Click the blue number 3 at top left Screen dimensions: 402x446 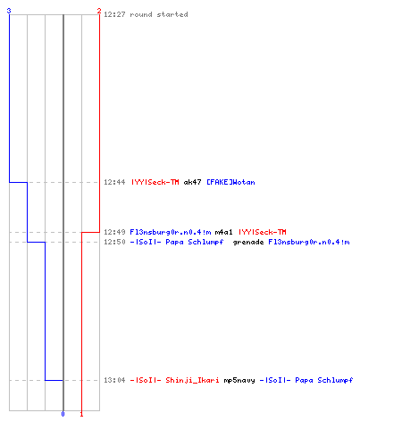tap(9, 11)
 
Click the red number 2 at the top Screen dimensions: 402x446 tap(99, 11)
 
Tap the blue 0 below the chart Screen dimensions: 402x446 tap(63, 414)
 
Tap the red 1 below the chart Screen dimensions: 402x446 tap(81, 414)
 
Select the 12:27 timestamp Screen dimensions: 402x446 tap(114, 14)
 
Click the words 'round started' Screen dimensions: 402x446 tap(159, 14)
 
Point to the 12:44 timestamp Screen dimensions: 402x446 tap(114, 182)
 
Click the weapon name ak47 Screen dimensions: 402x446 tap(192, 182)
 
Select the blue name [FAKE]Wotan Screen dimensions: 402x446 tap(230, 182)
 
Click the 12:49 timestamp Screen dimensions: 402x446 tap(114, 232)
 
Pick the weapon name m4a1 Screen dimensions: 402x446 tap(223, 232)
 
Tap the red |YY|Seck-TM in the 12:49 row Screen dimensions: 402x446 tap(263, 232)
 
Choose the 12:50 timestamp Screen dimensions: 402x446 tap(114, 242)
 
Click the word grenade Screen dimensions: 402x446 tap(248, 243)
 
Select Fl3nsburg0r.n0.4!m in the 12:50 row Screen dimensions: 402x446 tap(309, 243)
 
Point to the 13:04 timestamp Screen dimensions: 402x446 tap(114, 380)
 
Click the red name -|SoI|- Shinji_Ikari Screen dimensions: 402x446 tap(175, 380)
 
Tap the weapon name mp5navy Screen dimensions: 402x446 tap(239, 381)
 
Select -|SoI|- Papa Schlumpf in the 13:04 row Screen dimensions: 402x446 tap(306, 380)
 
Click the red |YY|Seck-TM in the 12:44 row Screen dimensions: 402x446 tap(155, 182)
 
